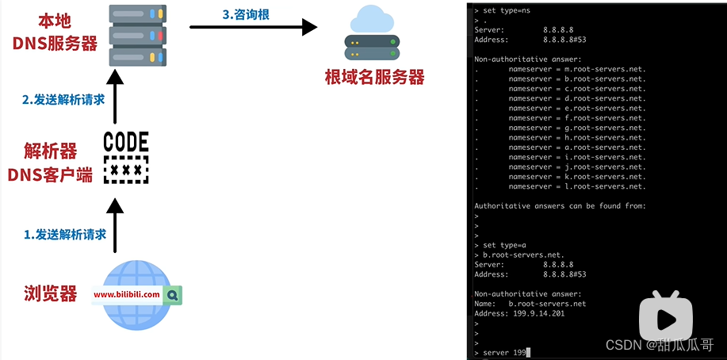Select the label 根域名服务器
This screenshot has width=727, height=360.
374,78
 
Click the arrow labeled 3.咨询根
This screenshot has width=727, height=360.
254,27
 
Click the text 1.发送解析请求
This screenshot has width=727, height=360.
65,234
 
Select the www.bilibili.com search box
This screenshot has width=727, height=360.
127,294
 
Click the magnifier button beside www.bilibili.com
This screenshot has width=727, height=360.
173,294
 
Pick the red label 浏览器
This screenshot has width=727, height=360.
51,293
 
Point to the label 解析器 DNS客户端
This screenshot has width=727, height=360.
51,162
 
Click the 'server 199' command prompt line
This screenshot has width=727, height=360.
504,351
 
